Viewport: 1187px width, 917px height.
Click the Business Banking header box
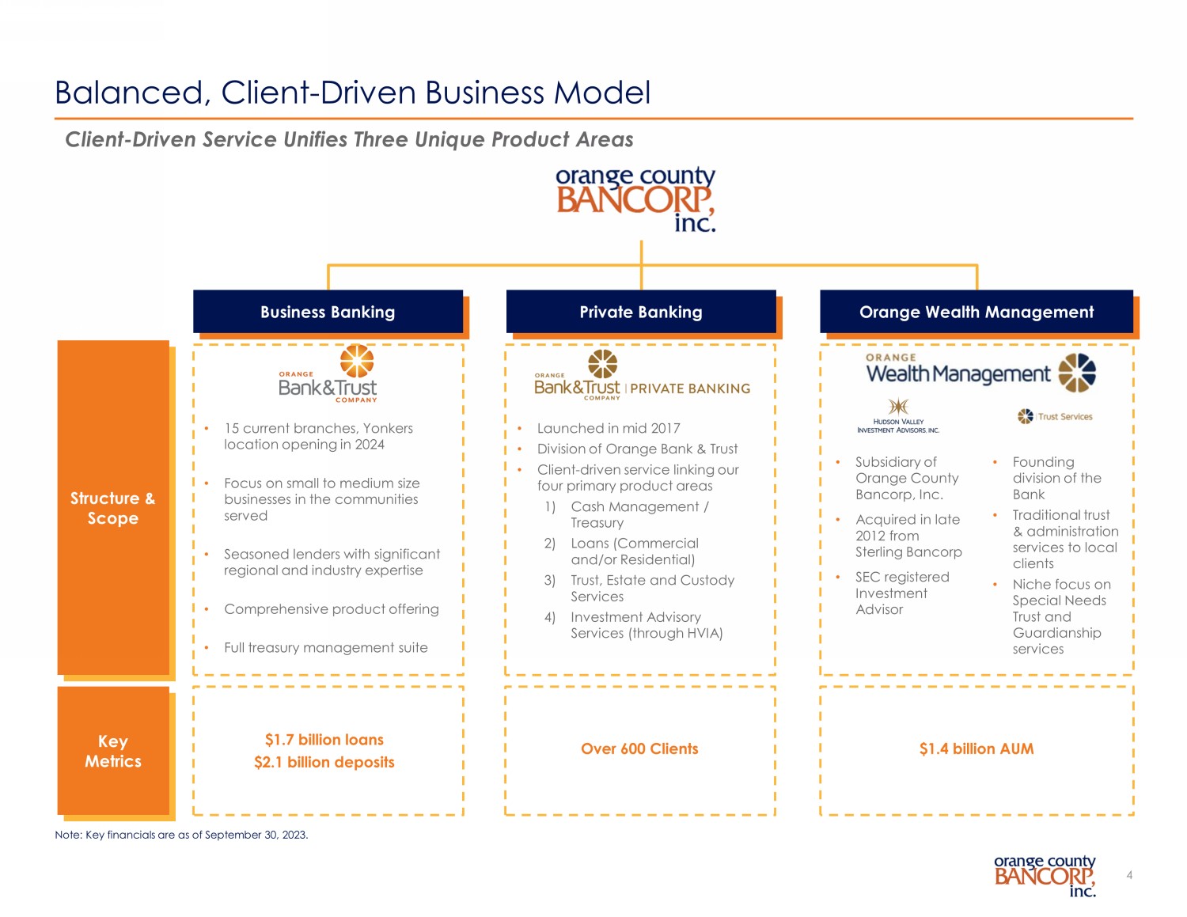click(328, 312)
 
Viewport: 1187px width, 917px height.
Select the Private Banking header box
click(641, 312)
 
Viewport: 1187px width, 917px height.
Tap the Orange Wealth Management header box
click(977, 312)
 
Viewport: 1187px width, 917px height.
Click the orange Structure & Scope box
click(113, 507)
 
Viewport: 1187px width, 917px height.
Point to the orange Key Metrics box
click(113, 751)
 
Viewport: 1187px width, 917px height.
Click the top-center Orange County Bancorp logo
click(635, 199)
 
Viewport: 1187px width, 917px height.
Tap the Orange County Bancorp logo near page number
click(1045, 875)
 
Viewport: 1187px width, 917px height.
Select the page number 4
click(1129, 875)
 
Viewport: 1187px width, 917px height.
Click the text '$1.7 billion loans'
click(324, 740)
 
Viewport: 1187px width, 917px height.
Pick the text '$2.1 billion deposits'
click(324, 762)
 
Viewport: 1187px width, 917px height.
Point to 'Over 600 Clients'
click(639, 748)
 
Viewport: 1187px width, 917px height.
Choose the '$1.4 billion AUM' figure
click(977, 748)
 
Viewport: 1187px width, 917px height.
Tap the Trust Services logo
click(1055, 416)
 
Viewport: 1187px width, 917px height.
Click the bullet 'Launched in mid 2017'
click(609, 428)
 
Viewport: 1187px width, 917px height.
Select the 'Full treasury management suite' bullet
click(325, 647)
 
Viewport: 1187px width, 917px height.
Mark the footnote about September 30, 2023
click(181, 835)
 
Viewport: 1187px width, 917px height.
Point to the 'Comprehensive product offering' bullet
click(331, 608)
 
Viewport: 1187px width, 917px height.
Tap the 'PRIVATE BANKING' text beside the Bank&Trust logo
click(690, 388)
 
